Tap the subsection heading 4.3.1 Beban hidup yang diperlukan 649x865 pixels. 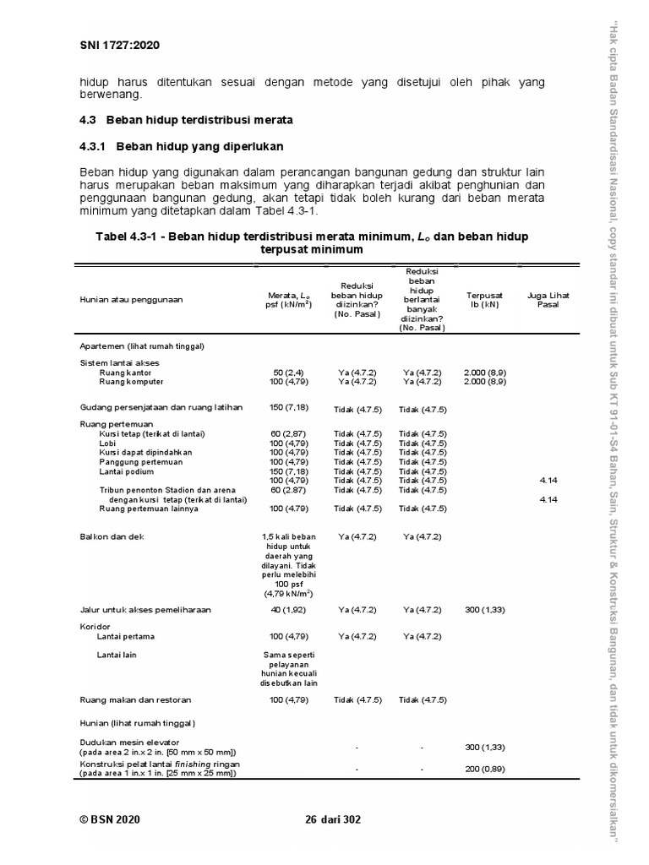[x=181, y=146]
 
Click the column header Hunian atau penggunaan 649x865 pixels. [x=131, y=299]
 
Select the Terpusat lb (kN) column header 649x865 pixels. [x=484, y=299]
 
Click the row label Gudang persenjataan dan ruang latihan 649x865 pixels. [x=161, y=407]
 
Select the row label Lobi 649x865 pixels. [x=106, y=443]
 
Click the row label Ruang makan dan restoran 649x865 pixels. [x=135, y=700]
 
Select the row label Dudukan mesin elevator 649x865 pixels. [x=129, y=743]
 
